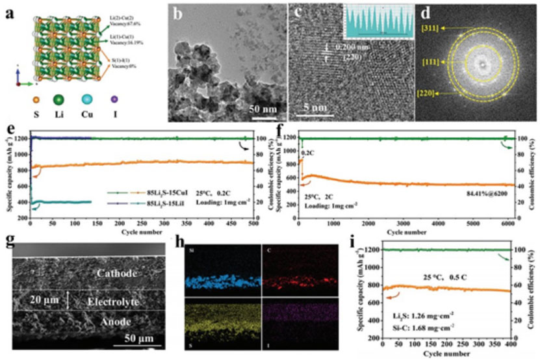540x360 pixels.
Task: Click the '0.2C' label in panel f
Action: coord(309,153)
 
